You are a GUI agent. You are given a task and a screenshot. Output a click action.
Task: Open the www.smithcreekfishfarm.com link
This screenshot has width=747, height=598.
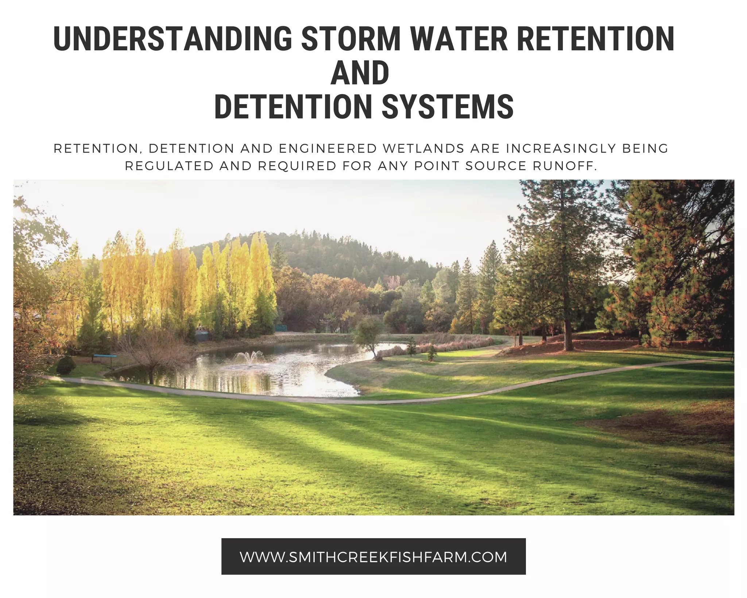click(x=373, y=557)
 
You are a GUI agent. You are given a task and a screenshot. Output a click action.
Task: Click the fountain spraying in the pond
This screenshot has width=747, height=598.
click(x=249, y=357)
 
